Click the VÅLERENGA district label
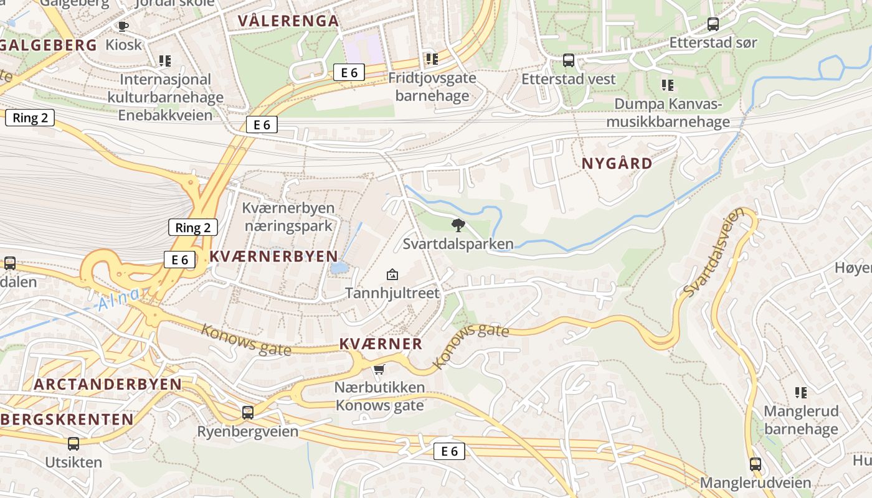[x=288, y=21]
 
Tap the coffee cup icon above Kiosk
[x=123, y=26]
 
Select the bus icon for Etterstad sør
[x=713, y=24]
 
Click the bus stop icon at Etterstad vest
[x=568, y=60]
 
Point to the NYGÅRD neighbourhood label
[x=617, y=164]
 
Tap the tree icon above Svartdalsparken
[x=458, y=225]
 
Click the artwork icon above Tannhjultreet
[x=392, y=274]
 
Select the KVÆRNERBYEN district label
[x=273, y=256]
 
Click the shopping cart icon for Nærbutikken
[x=379, y=369]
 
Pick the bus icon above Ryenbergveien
[x=248, y=412]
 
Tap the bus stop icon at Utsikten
[x=73, y=443]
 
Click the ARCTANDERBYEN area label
[x=108, y=384]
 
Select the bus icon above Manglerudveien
[x=755, y=464]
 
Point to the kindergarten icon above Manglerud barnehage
[x=801, y=392]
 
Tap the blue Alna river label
[x=118, y=300]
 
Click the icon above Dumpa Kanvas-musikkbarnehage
[x=667, y=85]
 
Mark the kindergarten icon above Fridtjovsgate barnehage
[x=432, y=59]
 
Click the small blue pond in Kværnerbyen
[x=339, y=268]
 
